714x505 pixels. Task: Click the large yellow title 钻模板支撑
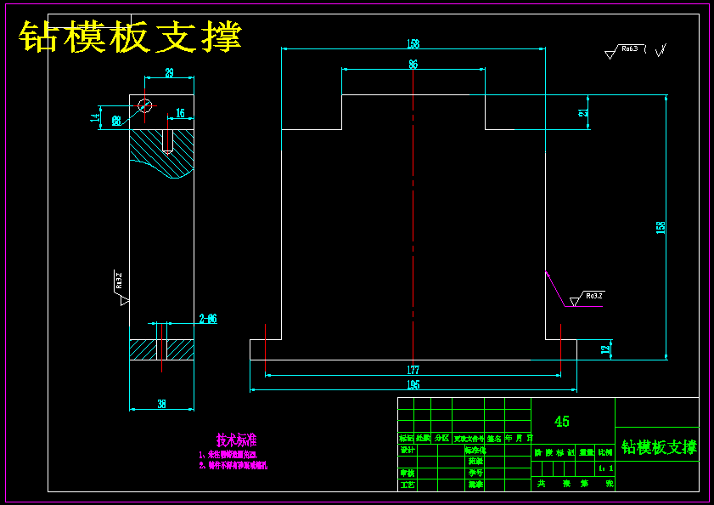pyautogui.click(x=132, y=37)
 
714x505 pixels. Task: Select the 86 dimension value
pyautogui.click(x=413, y=64)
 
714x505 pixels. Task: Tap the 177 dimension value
pyautogui.click(x=413, y=370)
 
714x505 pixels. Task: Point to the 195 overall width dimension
pyautogui.click(x=413, y=385)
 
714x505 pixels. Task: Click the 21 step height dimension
pyautogui.click(x=582, y=112)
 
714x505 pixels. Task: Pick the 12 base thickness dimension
pyautogui.click(x=604, y=349)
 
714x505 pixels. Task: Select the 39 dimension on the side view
pyautogui.click(x=169, y=74)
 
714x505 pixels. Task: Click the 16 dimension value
pyautogui.click(x=180, y=113)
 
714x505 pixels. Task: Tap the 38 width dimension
pyautogui.click(x=161, y=405)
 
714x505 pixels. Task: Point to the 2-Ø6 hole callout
pyautogui.click(x=208, y=319)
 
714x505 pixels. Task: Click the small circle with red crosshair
pyautogui.click(x=145, y=105)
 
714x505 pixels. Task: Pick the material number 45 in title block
pyautogui.click(x=561, y=422)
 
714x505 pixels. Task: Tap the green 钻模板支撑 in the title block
pyautogui.click(x=658, y=447)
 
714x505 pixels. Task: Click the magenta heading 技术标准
pyautogui.click(x=236, y=440)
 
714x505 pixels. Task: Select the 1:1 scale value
pyautogui.click(x=605, y=468)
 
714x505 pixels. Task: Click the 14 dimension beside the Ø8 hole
pyautogui.click(x=95, y=117)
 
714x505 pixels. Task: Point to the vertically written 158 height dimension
pyautogui.click(x=661, y=227)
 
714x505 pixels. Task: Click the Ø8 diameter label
pyautogui.click(x=116, y=122)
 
